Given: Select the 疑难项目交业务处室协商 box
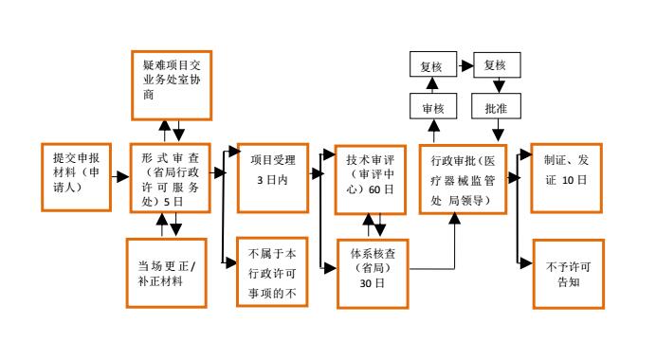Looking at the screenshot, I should pyautogui.click(x=171, y=84).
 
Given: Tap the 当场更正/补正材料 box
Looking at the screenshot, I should pyautogui.click(x=167, y=272).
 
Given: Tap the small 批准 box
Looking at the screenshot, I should pyautogui.click(x=495, y=109).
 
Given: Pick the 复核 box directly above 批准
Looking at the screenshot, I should pyautogui.click(x=495, y=66).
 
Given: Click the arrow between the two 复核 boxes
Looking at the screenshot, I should pyautogui.click(x=463, y=66).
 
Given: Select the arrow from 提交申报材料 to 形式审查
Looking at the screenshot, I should pyautogui.click(x=119, y=176).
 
